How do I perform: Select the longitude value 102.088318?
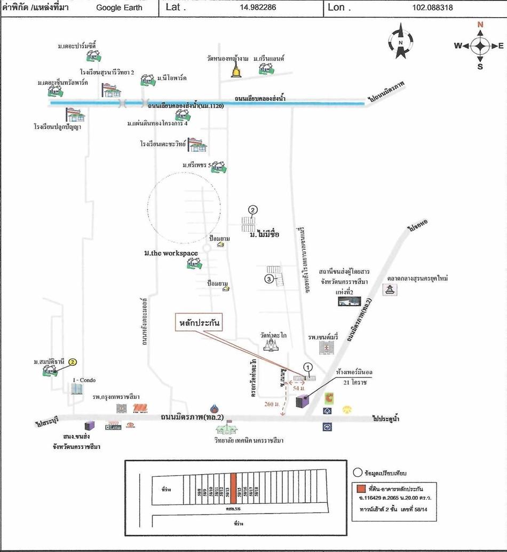433,7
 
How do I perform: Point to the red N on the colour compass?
480,25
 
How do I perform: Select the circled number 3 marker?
270,278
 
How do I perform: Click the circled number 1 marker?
307,367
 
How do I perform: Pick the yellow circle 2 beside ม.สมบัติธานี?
72,362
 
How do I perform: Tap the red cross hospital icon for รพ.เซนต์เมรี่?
325,348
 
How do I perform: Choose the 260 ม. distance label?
272,404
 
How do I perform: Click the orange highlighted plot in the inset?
234,492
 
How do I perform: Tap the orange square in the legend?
362,488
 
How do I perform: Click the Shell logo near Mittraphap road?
347,410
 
